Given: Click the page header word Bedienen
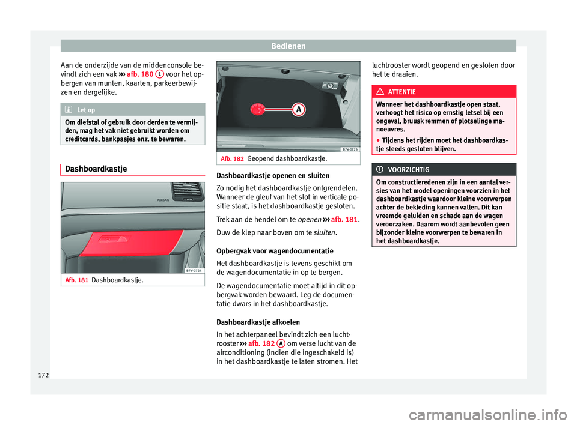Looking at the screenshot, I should click(288, 46).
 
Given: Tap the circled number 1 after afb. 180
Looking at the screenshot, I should click(158, 74).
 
